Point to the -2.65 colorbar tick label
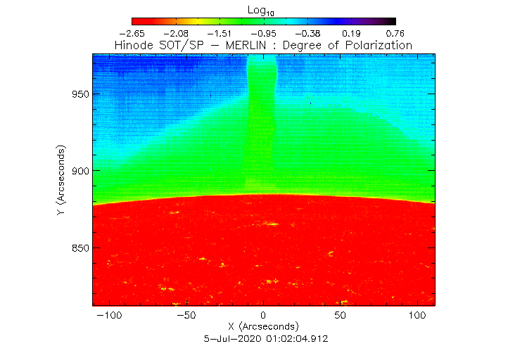click(132, 33)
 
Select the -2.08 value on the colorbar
click(176, 33)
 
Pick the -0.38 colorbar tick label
click(307, 33)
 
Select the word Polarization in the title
click(377, 45)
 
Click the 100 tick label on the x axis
click(419, 316)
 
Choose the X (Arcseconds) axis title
click(263, 327)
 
